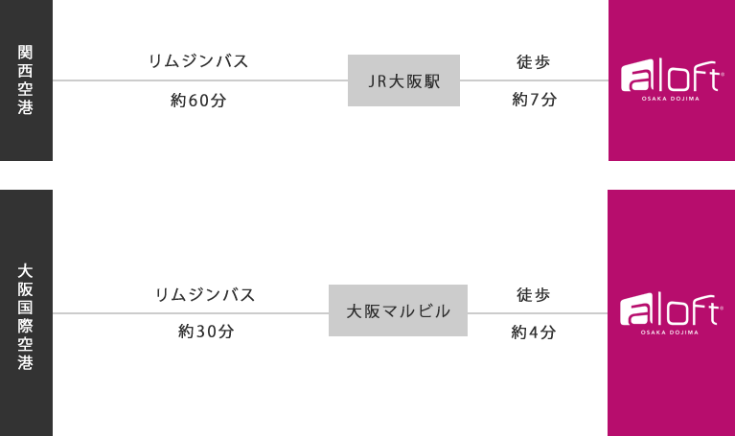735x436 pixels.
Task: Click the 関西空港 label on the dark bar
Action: click(26, 80)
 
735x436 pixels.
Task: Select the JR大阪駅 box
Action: click(403, 80)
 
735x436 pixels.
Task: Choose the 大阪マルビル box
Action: click(398, 310)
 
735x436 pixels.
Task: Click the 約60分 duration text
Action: click(197, 101)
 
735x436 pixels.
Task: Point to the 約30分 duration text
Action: click(205, 332)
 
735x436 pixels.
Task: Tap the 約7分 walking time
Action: click(534, 101)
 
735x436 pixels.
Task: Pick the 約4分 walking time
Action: click(534, 333)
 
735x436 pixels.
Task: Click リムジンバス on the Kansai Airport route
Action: click(199, 60)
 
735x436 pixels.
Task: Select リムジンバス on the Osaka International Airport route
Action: click(205, 294)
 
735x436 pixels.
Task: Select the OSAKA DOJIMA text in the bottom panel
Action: click(670, 333)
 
